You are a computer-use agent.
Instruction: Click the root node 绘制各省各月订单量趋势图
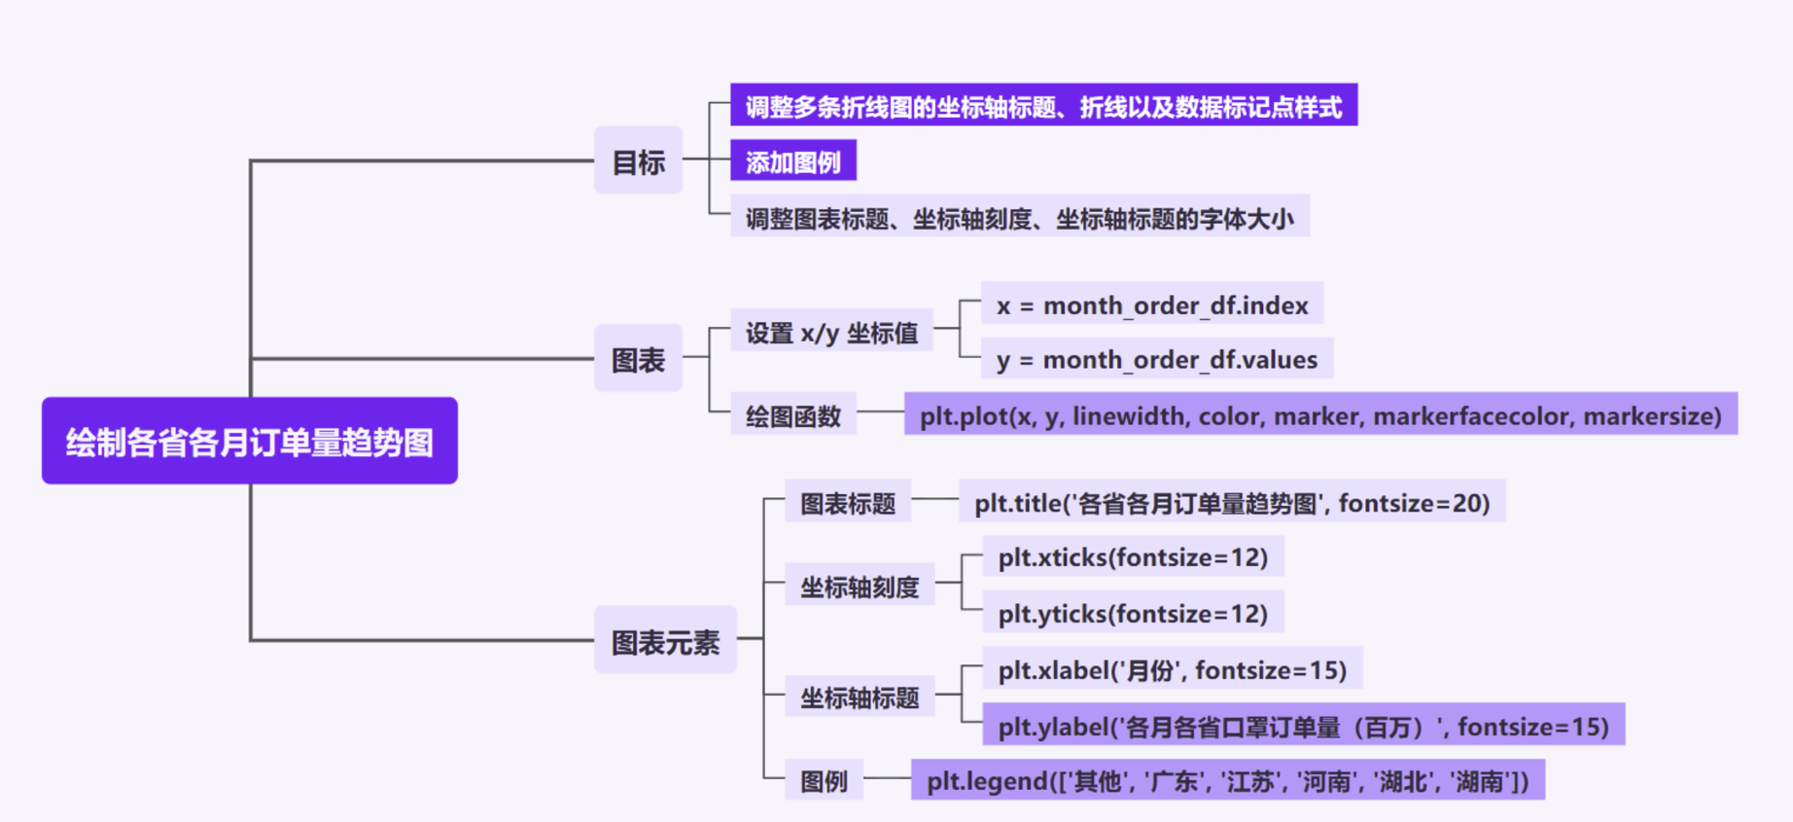(250, 441)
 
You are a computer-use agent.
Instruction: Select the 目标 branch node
(638, 161)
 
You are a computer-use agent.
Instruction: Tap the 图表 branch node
(638, 359)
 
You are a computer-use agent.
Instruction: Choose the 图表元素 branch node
(665, 640)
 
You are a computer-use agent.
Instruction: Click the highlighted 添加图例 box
(793, 161)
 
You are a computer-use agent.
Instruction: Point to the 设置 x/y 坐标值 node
(831, 333)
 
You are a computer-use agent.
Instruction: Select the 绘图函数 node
(792, 415)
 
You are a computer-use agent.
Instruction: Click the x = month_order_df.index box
(1152, 304)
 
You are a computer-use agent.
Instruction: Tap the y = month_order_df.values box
(1157, 359)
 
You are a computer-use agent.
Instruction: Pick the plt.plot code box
(1319, 415)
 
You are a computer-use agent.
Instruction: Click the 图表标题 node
(848, 502)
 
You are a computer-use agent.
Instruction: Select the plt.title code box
(1232, 502)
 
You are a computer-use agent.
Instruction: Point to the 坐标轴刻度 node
(860, 586)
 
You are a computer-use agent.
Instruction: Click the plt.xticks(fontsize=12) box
(1133, 557)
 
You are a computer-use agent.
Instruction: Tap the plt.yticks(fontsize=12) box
(1133, 613)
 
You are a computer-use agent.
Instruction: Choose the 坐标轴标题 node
(860, 697)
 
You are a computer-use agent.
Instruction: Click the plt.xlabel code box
(1172, 669)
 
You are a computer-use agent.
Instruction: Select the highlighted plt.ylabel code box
(1303, 726)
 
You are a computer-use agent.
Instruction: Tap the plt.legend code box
(1227, 780)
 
